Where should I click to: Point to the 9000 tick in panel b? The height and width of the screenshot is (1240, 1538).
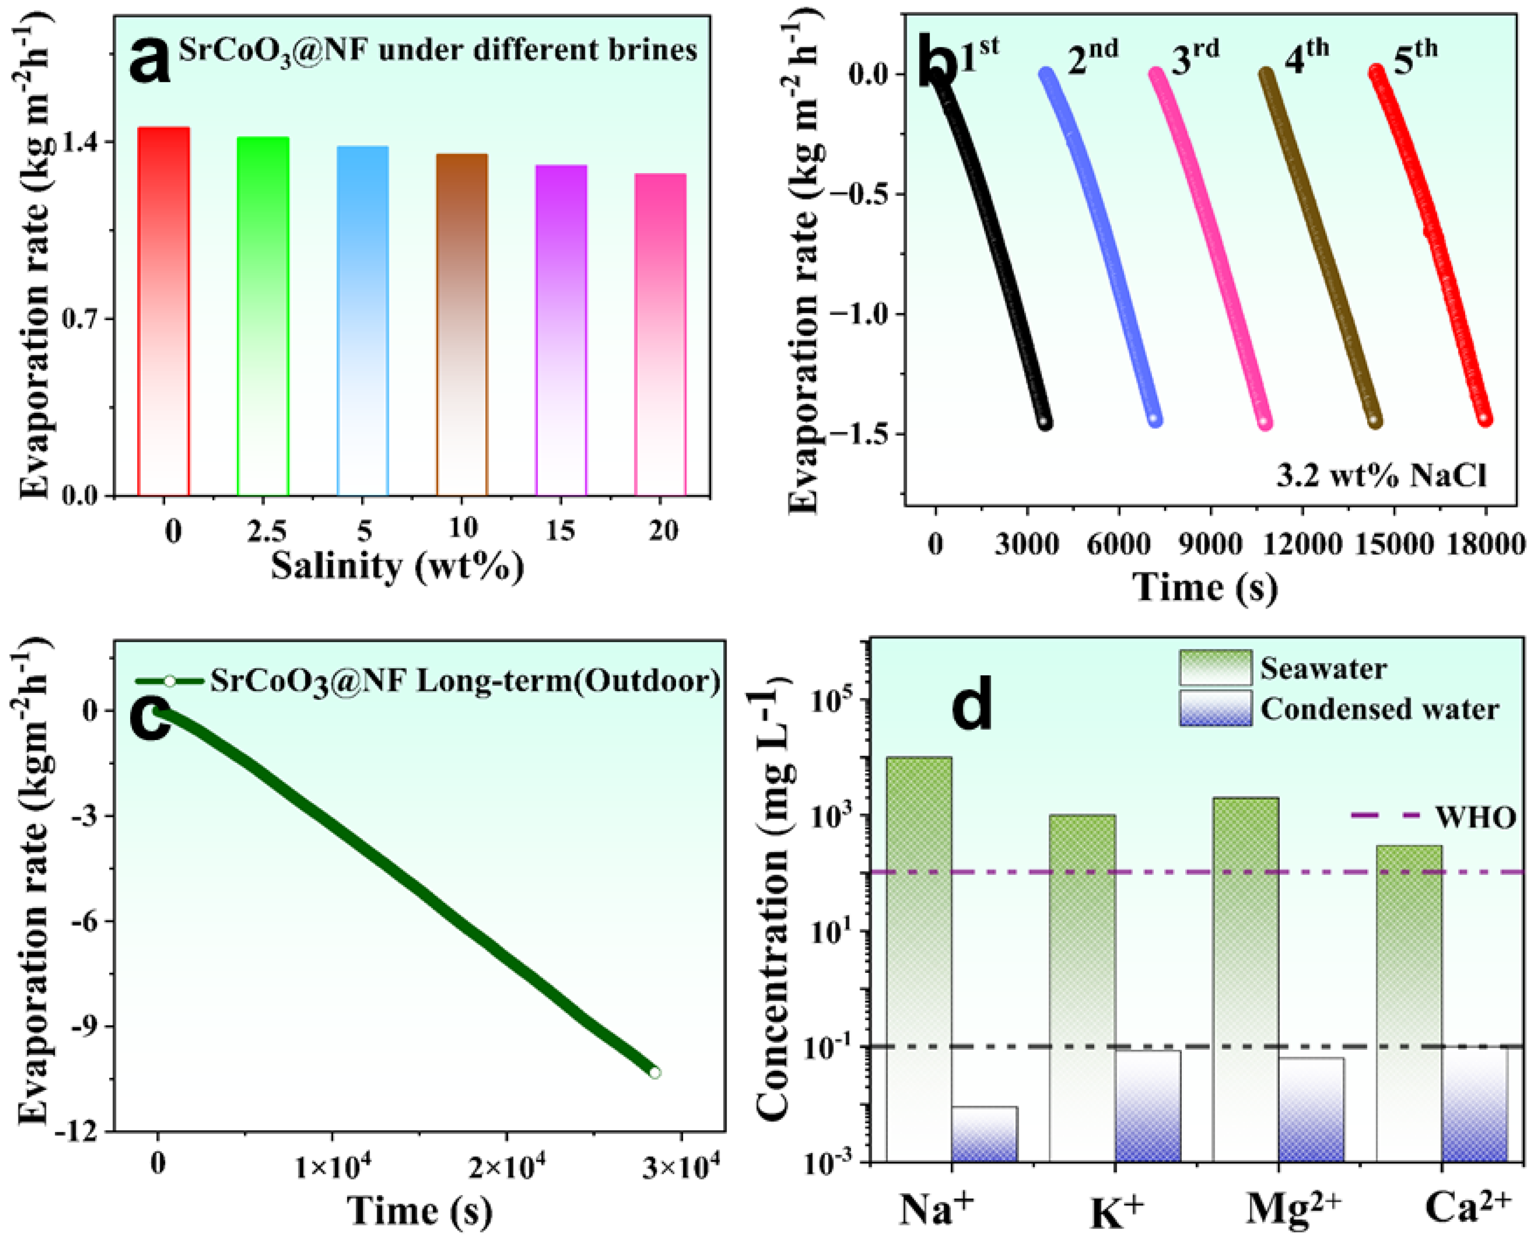(x=1210, y=545)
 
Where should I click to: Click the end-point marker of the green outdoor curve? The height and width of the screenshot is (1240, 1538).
(x=654, y=1072)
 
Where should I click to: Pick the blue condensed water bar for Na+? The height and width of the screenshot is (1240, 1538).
(x=984, y=1135)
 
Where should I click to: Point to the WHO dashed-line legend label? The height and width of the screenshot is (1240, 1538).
(x=1476, y=818)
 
